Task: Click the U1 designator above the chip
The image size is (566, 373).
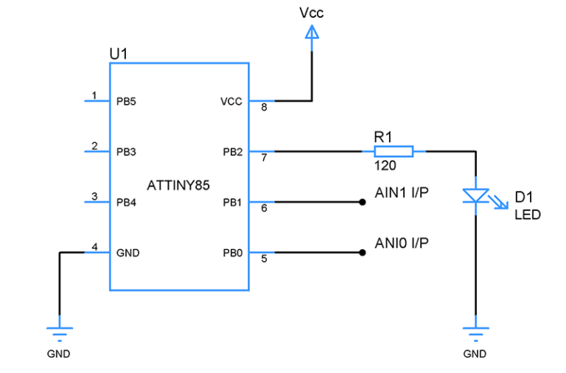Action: pyautogui.click(x=119, y=54)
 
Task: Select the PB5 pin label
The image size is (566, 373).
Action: pyautogui.click(x=126, y=101)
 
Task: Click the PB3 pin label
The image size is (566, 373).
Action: pyautogui.click(x=126, y=152)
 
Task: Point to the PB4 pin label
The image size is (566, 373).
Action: pyautogui.click(x=126, y=202)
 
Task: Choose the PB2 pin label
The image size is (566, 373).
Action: pyautogui.click(x=232, y=152)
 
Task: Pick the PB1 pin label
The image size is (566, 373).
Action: pyautogui.click(x=232, y=202)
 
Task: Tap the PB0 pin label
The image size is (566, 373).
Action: pyautogui.click(x=232, y=253)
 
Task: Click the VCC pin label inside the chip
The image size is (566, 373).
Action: pyautogui.click(x=231, y=101)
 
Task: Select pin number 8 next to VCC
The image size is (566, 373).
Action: pyautogui.click(x=264, y=108)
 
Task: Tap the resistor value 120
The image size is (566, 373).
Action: pyautogui.click(x=385, y=166)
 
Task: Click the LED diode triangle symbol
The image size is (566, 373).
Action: pyautogui.click(x=476, y=196)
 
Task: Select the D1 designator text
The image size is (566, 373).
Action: pyautogui.click(x=523, y=197)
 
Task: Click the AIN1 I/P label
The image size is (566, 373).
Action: pyautogui.click(x=402, y=193)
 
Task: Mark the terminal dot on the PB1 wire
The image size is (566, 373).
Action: pyautogui.click(x=362, y=202)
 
